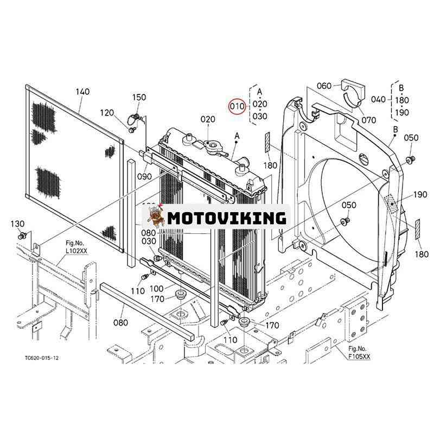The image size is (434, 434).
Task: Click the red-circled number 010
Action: pyautogui.click(x=237, y=106)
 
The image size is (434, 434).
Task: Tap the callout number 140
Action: pyautogui.click(x=82, y=92)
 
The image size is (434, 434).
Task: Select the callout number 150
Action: pyautogui.click(x=139, y=98)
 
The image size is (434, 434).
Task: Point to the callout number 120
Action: pyautogui.click(x=107, y=113)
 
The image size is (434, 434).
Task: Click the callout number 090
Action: pyautogui.click(x=144, y=176)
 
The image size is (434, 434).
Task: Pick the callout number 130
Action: pyautogui.click(x=17, y=224)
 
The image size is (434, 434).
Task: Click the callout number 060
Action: pyautogui.click(x=324, y=86)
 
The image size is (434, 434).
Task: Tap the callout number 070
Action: pyautogui.click(x=369, y=120)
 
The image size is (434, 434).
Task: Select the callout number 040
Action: pyautogui.click(x=378, y=99)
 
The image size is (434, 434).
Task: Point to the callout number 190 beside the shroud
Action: pyautogui.click(x=420, y=195)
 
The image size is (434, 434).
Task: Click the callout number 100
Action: pyautogui.click(x=156, y=289)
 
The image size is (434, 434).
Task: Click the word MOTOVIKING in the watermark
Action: pyautogui.click(x=227, y=218)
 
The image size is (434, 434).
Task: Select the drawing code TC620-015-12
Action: pyautogui.click(x=42, y=358)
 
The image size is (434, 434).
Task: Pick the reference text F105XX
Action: pyautogui.click(x=359, y=356)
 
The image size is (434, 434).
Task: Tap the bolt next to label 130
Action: pyautogui.click(x=22, y=236)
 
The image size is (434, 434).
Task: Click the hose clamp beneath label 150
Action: pyautogui.click(x=136, y=119)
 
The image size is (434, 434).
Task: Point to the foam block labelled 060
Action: pyautogui.click(x=353, y=91)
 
